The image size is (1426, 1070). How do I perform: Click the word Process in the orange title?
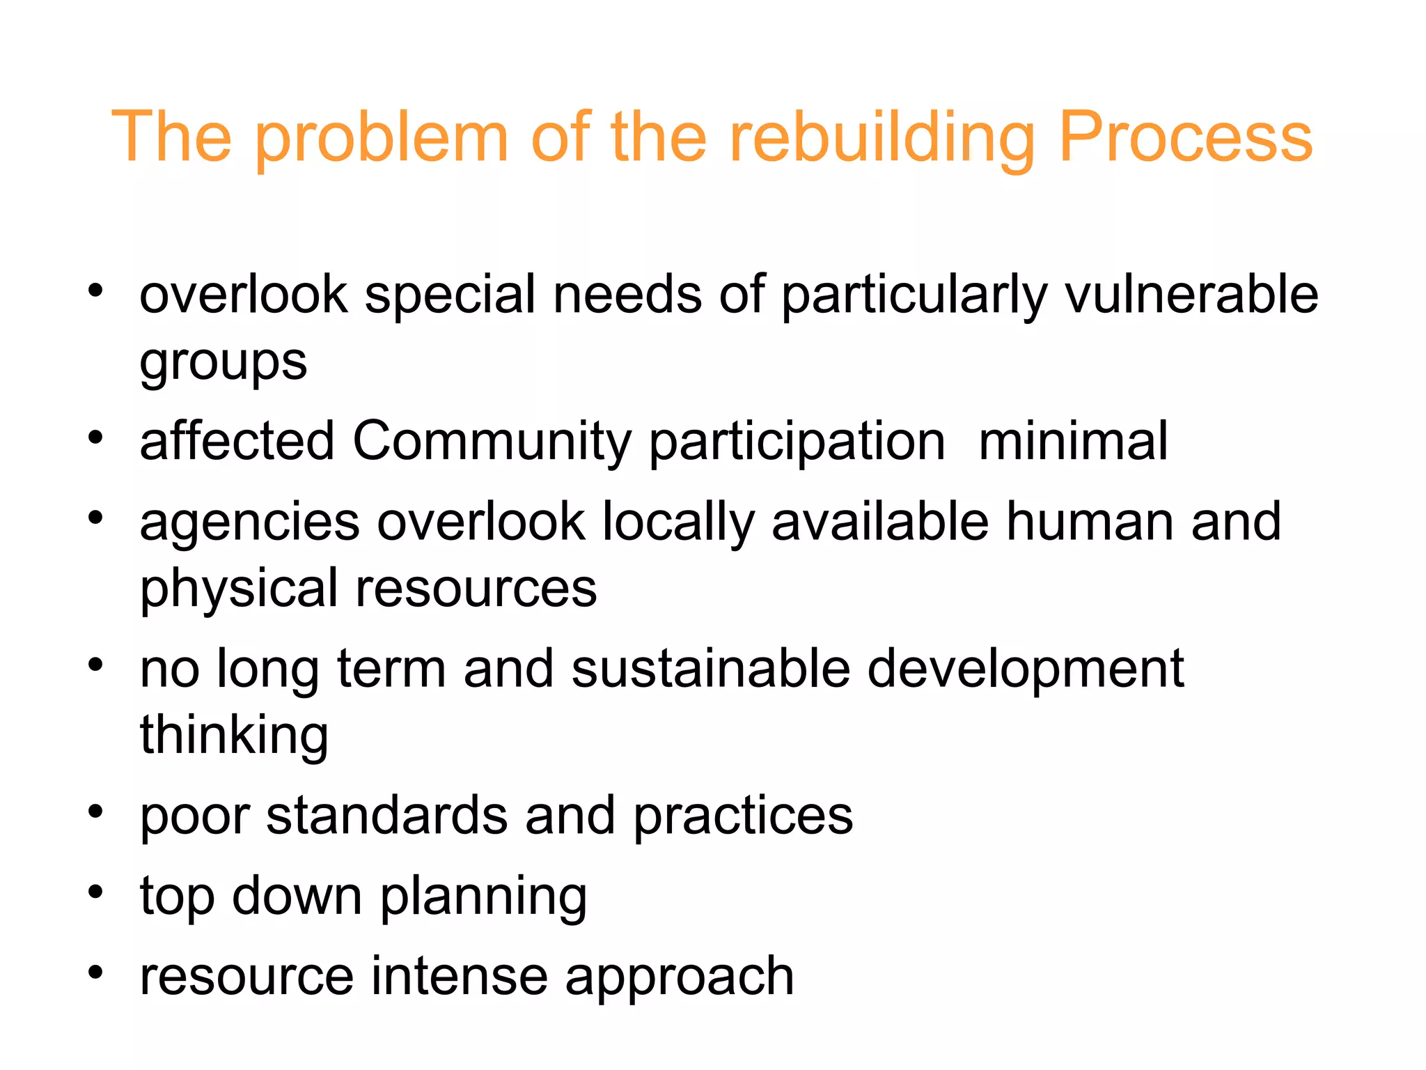tap(1185, 137)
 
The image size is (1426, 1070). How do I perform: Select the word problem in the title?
tap(382, 137)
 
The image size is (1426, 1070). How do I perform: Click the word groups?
tap(223, 362)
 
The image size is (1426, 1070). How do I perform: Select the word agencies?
tap(250, 522)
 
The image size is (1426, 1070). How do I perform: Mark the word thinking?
tap(234, 735)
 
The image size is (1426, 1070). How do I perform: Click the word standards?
tap(386, 815)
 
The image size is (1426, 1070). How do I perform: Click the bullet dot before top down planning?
tap(95, 892)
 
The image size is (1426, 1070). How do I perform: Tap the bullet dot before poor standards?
tap(95, 811)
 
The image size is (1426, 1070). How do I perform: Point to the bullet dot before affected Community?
tap(95, 437)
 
